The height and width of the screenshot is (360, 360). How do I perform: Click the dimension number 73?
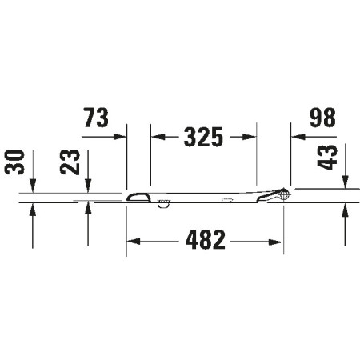[96, 118]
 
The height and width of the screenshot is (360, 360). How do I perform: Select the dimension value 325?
[203, 137]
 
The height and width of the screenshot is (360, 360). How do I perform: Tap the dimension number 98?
[322, 118]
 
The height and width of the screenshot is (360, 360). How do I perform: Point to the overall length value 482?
[206, 239]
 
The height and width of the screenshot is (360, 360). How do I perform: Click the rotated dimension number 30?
[14, 162]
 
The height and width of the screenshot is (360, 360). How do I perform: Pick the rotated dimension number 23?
[70, 162]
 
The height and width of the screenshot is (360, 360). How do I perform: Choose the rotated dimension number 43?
[327, 158]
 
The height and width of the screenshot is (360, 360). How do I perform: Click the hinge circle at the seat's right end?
[284, 194]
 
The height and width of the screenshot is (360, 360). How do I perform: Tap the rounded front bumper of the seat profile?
[138, 198]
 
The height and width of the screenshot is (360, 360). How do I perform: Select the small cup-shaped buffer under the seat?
[163, 204]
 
